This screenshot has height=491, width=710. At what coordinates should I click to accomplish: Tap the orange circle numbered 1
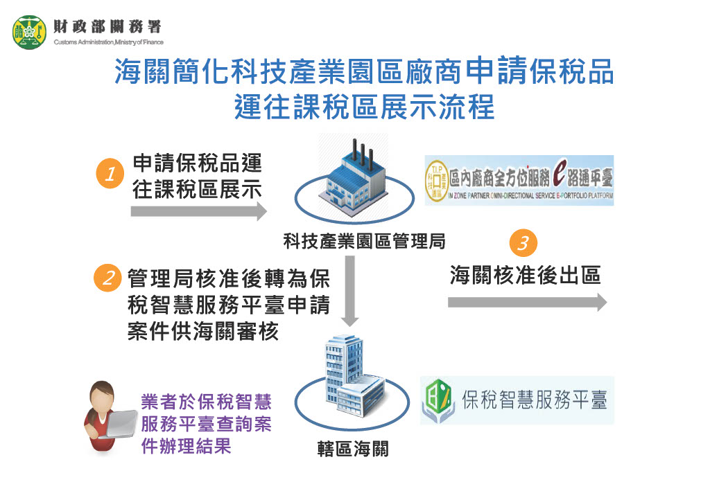coord(109,175)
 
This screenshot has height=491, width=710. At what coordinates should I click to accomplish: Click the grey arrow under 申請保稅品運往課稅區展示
coord(198,212)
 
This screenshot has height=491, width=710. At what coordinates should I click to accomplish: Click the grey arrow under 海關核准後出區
coord(527,302)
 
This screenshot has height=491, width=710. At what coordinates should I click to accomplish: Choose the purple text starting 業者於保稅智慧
coord(206,424)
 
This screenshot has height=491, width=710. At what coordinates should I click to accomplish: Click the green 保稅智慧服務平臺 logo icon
coord(438,400)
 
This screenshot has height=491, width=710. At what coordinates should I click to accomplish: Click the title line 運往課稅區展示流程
coord(364,108)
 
